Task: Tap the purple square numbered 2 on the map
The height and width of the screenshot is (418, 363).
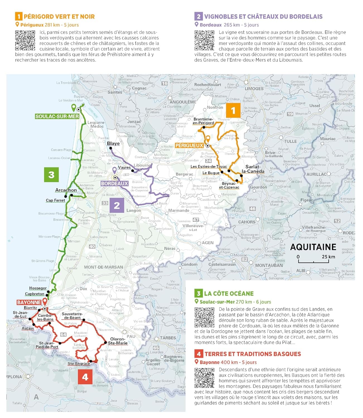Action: [x=117, y=205]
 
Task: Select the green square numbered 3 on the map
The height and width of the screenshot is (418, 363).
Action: [x=51, y=174]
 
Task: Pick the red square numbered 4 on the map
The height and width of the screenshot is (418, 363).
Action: [x=85, y=377]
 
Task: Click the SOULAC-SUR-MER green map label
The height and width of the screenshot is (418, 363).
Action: [x=57, y=116]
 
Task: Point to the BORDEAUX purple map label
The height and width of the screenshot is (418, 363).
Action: [x=114, y=183]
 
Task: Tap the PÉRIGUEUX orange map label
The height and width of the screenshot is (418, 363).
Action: [x=189, y=145]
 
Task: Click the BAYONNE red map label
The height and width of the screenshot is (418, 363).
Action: [x=29, y=302]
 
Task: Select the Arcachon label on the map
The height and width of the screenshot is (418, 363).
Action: [x=66, y=190]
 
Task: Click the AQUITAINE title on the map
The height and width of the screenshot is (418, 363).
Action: [x=313, y=247]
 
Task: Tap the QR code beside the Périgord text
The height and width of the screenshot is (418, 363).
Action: [x=25, y=40]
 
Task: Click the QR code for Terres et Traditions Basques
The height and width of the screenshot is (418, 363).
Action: [x=204, y=378]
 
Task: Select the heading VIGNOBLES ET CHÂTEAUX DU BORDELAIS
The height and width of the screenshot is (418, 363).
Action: [x=263, y=16]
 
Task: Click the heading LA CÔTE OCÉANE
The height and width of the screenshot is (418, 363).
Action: [x=229, y=293]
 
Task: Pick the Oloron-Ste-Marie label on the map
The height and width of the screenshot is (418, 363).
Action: [x=118, y=341]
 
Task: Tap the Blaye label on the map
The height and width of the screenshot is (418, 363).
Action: [x=113, y=144]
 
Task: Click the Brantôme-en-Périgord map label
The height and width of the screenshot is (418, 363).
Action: [x=203, y=121]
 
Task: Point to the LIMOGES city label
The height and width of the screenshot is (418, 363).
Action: [x=254, y=89]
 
